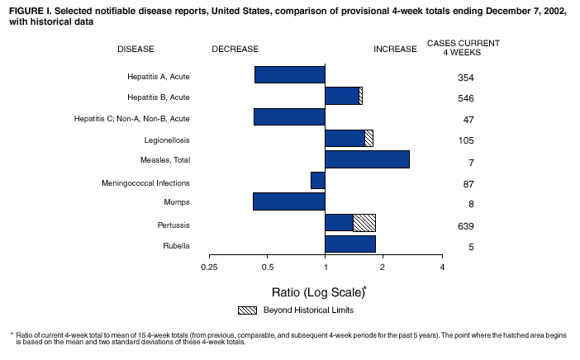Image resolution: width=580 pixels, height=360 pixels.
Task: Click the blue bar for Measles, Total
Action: pos(367,159)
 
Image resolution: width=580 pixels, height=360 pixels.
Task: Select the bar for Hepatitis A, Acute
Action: pos(289,75)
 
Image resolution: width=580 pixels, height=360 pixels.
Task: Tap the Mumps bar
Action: pos(288,201)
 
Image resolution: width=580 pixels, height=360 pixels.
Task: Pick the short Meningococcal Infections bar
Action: pos(318,180)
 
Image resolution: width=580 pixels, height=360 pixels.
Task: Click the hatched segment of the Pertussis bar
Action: pos(364,222)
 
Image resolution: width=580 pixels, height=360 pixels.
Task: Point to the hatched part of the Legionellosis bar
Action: pos(369,138)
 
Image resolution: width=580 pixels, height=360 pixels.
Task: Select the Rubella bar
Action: pos(350,244)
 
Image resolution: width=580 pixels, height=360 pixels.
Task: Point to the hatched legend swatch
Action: pos(247,310)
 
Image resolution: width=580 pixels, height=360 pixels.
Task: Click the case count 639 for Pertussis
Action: pos(465,225)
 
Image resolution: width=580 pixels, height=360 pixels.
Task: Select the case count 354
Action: pos(465,78)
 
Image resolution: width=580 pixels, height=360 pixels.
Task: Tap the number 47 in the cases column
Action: pos(465,121)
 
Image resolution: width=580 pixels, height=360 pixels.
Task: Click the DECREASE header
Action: pos(235,50)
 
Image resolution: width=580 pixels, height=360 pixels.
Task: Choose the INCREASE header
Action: pos(395,50)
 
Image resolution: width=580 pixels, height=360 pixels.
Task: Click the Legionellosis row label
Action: pos(167,140)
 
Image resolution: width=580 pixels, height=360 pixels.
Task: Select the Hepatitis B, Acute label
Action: pos(159,97)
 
